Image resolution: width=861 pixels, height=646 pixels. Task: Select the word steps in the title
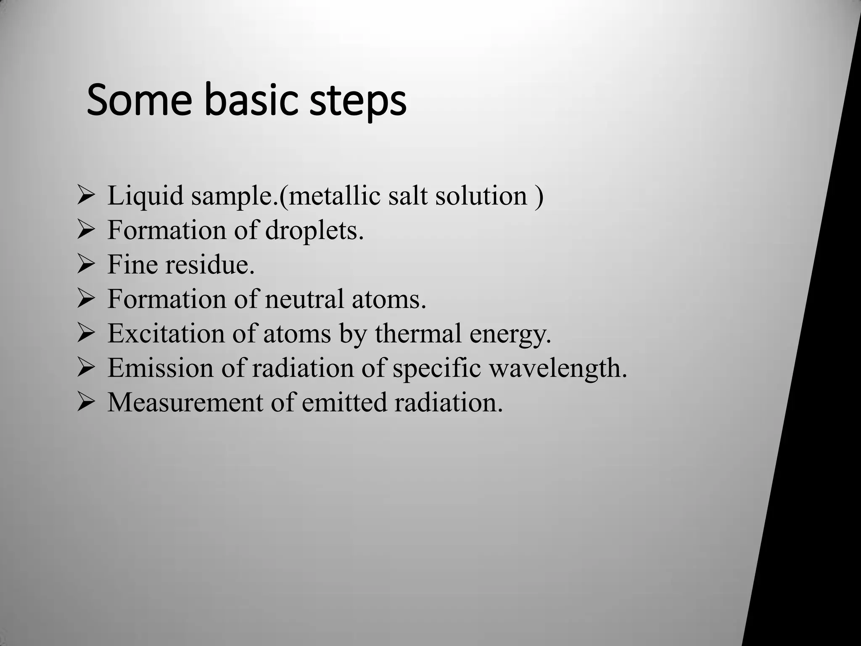click(358, 102)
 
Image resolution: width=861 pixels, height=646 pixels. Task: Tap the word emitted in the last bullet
click(344, 402)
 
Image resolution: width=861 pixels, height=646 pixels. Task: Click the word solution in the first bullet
click(481, 196)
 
